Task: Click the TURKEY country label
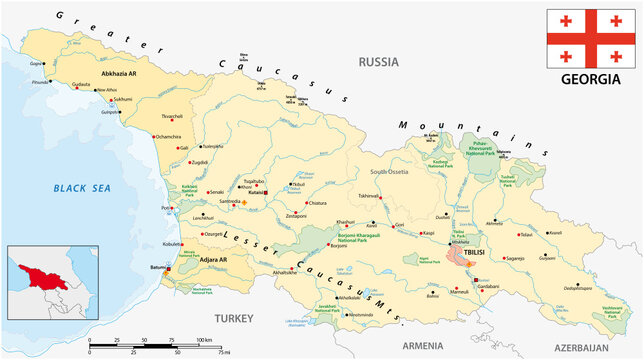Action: tap(236, 317)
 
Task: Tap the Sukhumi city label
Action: tap(121, 100)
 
